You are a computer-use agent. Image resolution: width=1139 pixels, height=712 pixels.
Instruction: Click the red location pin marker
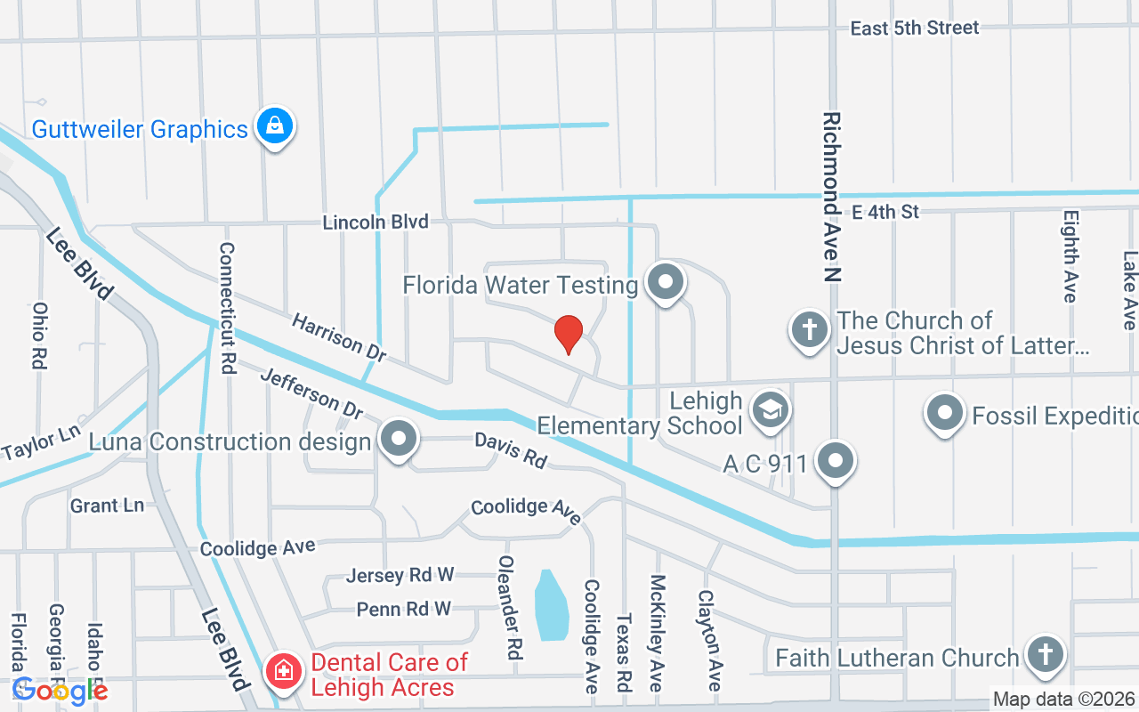pos(568,335)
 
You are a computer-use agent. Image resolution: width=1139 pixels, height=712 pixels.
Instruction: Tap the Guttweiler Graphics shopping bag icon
pos(275,126)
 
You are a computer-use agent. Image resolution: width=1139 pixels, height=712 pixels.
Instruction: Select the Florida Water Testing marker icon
pos(665,283)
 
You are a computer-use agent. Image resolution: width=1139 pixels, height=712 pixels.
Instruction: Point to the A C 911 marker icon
pos(835,461)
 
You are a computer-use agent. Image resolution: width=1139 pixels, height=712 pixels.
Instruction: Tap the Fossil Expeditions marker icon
pos(944,413)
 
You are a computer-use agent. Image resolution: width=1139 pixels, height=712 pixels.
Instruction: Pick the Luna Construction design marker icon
pos(398,439)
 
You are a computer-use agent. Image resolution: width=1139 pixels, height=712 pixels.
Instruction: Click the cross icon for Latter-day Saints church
pos(809,330)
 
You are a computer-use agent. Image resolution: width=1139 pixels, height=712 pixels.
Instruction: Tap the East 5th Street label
pos(914,28)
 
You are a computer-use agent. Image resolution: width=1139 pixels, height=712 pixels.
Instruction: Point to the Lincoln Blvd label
pos(375,222)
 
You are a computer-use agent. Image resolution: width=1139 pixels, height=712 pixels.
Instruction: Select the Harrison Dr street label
pos(338,336)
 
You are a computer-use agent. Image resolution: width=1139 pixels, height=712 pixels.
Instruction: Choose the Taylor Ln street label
pos(41,441)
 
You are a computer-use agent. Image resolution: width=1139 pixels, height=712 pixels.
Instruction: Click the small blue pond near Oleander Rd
pos(551,604)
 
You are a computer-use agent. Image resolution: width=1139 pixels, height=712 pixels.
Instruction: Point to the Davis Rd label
pos(510,449)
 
